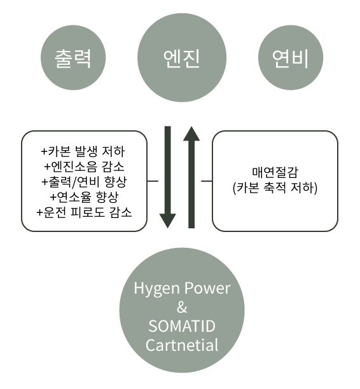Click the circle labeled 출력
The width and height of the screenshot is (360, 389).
[x=73, y=58]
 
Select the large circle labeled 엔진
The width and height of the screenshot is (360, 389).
[x=182, y=58]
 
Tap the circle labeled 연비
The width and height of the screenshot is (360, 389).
[x=291, y=58]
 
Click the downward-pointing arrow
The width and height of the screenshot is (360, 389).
[x=168, y=177]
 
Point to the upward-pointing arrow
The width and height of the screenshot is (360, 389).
[x=191, y=177]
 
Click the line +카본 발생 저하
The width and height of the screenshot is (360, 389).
[x=83, y=151]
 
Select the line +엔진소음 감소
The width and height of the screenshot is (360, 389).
[x=84, y=167]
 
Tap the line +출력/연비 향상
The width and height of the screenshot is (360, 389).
[x=84, y=182]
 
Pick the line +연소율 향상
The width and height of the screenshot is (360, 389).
[x=84, y=197]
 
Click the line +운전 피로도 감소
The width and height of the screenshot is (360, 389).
[x=84, y=212]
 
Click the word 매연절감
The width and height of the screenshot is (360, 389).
[x=275, y=172]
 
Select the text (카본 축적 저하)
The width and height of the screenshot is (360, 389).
[x=275, y=188]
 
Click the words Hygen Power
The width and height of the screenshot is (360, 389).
[x=182, y=289]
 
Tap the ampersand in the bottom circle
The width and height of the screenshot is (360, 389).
[x=182, y=308]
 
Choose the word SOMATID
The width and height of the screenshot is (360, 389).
[x=182, y=326]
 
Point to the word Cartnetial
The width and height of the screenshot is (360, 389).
[x=182, y=345]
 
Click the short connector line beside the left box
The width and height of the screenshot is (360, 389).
[x=153, y=181]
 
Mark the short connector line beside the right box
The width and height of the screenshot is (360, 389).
[x=207, y=181]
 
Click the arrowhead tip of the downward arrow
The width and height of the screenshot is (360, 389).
[x=168, y=228]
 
